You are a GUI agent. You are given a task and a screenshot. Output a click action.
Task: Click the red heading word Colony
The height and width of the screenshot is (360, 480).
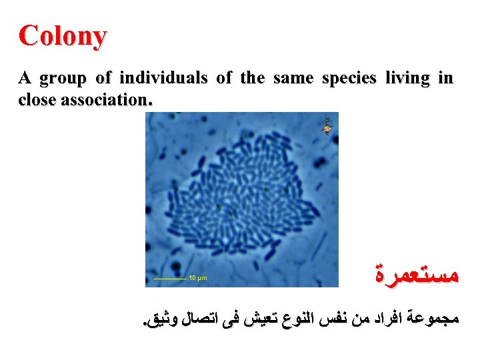(x=62, y=36)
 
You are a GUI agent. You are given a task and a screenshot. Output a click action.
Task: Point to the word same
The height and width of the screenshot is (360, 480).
(x=293, y=79)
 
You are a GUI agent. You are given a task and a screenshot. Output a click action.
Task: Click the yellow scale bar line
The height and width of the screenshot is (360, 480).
(x=169, y=277)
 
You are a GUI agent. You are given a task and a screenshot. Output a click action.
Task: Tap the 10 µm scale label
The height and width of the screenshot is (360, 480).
(x=197, y=277)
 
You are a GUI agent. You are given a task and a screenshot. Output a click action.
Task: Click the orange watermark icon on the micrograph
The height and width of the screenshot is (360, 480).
(x=327, y=125)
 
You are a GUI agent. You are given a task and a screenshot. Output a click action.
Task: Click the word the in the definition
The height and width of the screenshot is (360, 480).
(x=252, y=79)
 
